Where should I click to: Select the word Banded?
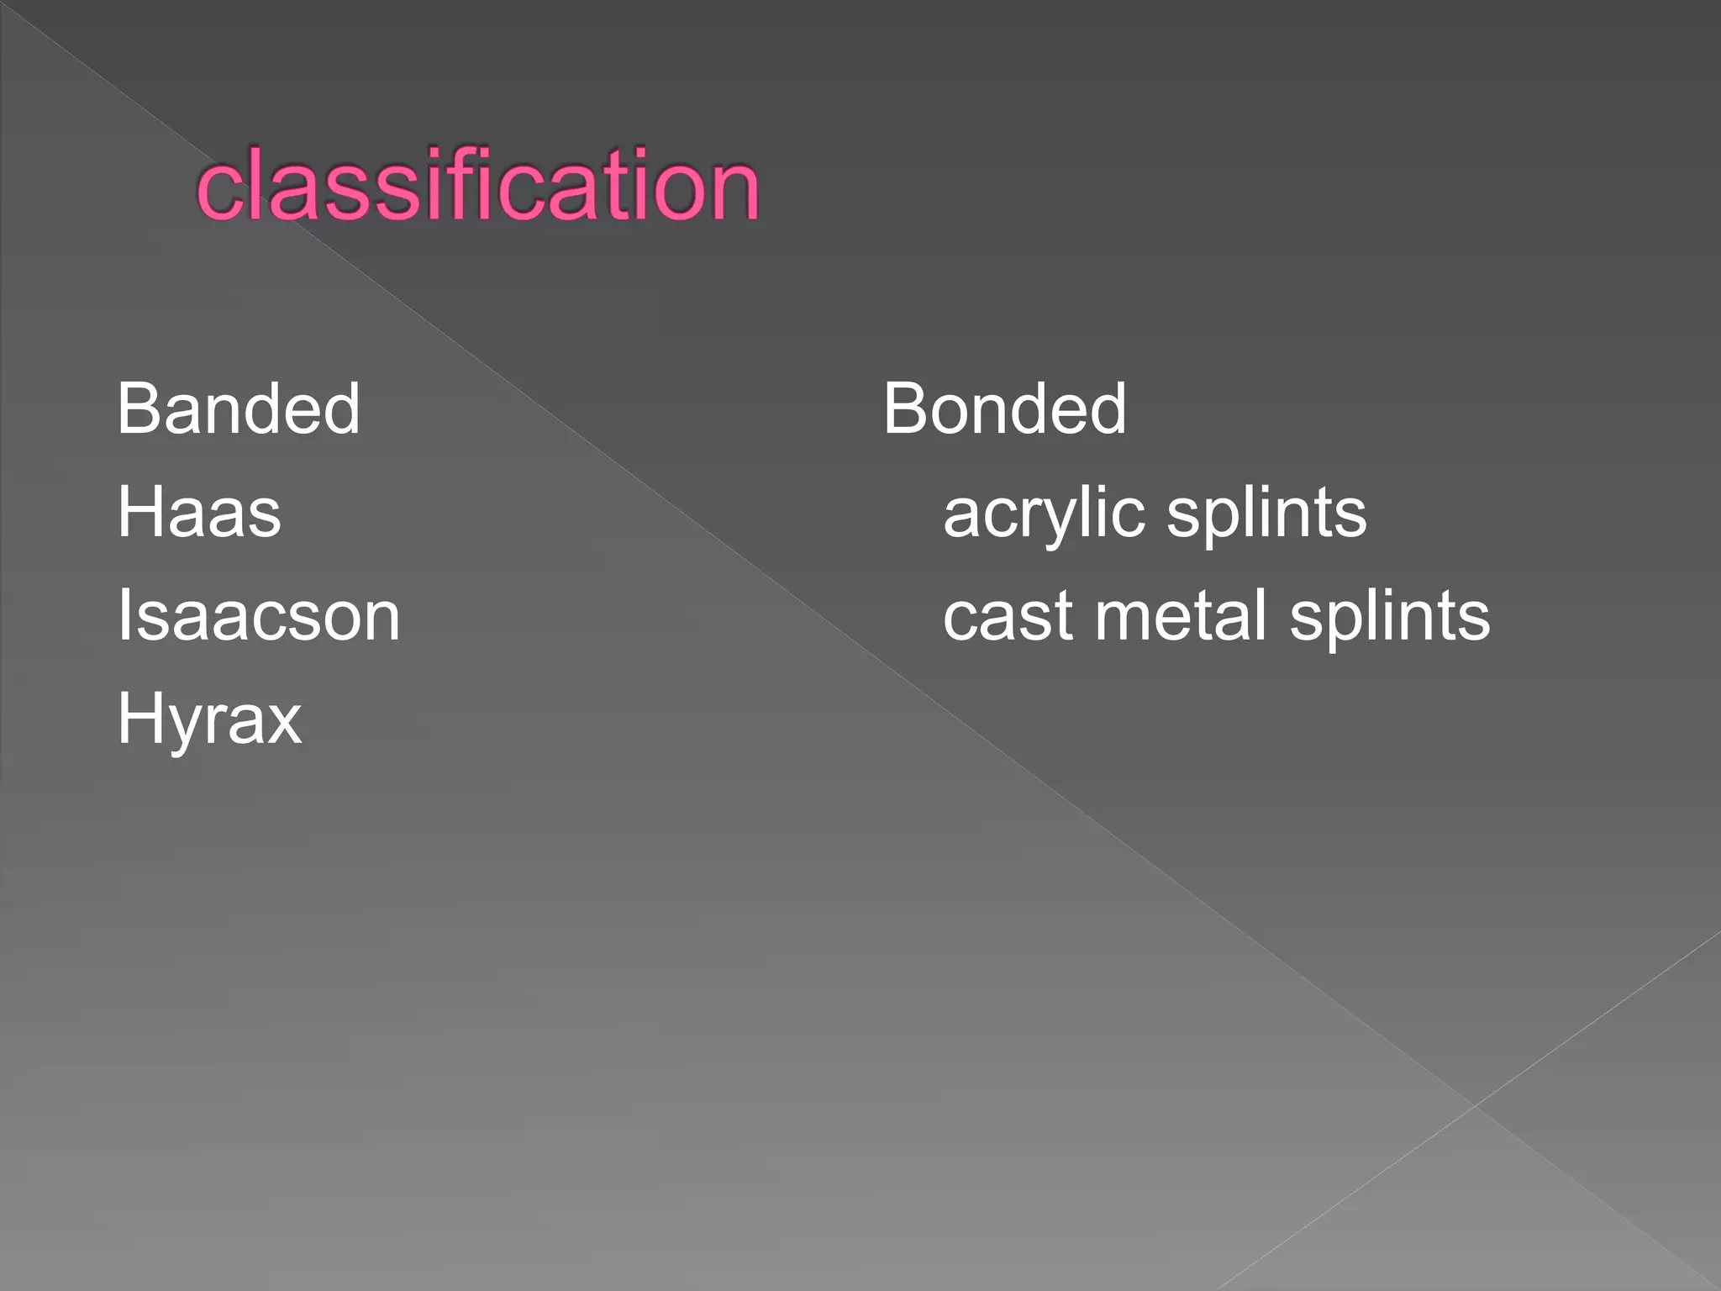pos(239,409)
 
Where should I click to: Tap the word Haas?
pos(199,513)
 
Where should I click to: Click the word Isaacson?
pos(259,616)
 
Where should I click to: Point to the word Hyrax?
pos(209,720)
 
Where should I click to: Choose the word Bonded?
pos(1004,409)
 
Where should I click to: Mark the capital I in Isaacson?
pos(124,616)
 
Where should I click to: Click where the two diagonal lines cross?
pos(1474,1106)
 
